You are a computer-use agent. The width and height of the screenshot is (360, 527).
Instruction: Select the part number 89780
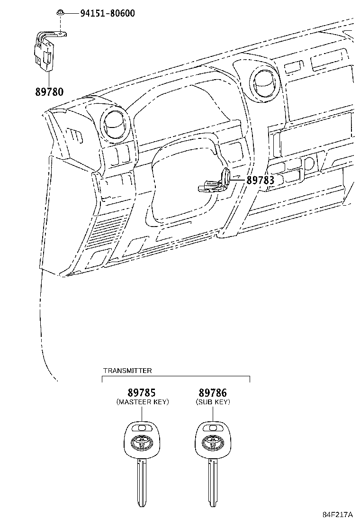[x=49, y=91]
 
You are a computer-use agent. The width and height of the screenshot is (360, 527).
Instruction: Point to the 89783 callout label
[x=260, y=180]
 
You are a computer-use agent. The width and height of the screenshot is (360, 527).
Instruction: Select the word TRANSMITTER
[x=127, y=371]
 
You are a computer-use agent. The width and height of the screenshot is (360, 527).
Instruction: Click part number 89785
[x=142, y=392]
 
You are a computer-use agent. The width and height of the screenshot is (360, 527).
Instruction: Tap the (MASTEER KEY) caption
[x=143, y=402]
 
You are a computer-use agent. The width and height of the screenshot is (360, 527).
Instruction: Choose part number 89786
[x=213, y=392]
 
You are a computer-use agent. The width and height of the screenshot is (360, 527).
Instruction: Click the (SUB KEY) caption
[x=213, y=402]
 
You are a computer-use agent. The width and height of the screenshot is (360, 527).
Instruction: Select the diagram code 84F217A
[x=338, y=514]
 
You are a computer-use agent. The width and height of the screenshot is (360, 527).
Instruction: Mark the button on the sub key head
[x=211, y=428]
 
